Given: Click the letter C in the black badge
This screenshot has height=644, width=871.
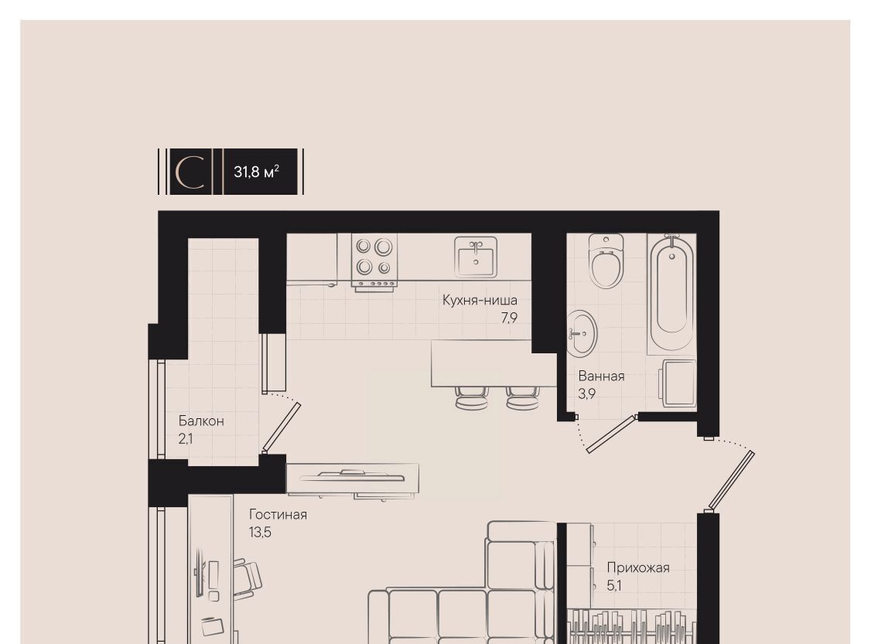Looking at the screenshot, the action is pos(190,172).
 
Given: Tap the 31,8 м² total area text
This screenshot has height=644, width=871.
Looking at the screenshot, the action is pos(256,172).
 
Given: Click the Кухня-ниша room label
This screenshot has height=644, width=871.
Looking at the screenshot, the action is pos(480,300).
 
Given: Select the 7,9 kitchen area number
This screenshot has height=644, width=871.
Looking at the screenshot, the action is pos(509,318).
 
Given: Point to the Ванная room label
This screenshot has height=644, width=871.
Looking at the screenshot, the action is pos(601,376).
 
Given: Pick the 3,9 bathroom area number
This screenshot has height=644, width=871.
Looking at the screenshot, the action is pos(586,394).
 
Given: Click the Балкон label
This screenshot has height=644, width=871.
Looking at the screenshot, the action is pos(201,421).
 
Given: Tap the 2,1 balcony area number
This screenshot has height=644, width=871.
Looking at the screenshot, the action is pos(186,439).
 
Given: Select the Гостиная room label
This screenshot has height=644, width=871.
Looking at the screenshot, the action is pos(278,515).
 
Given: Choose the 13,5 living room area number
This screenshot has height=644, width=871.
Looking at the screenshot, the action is pos(260,533).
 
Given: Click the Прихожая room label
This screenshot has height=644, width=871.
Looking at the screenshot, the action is pos(638,568).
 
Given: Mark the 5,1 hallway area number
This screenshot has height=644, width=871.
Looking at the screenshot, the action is pos(614,586).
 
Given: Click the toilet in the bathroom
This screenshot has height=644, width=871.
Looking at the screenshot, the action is pos(606,261).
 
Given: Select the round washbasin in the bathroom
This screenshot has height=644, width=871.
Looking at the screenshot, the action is pos(582,334).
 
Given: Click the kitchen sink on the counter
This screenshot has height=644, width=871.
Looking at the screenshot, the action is pos(476,257).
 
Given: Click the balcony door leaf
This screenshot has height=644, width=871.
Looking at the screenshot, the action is pos(282,427).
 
